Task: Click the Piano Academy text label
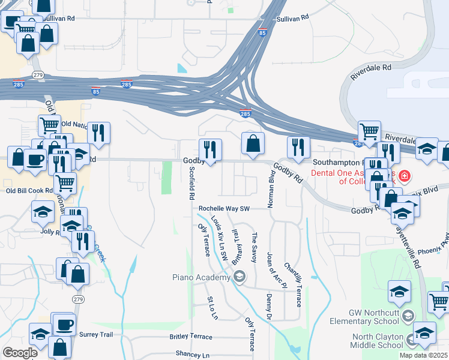coord(200,277)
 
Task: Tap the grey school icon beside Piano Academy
coord(240,277)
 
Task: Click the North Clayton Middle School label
coord(369,341)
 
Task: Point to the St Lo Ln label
coord(212,307)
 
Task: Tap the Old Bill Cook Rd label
coord(29,191)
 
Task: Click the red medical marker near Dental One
coord(405,176)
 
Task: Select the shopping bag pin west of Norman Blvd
coord(253,144)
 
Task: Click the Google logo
coord(20,353)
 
